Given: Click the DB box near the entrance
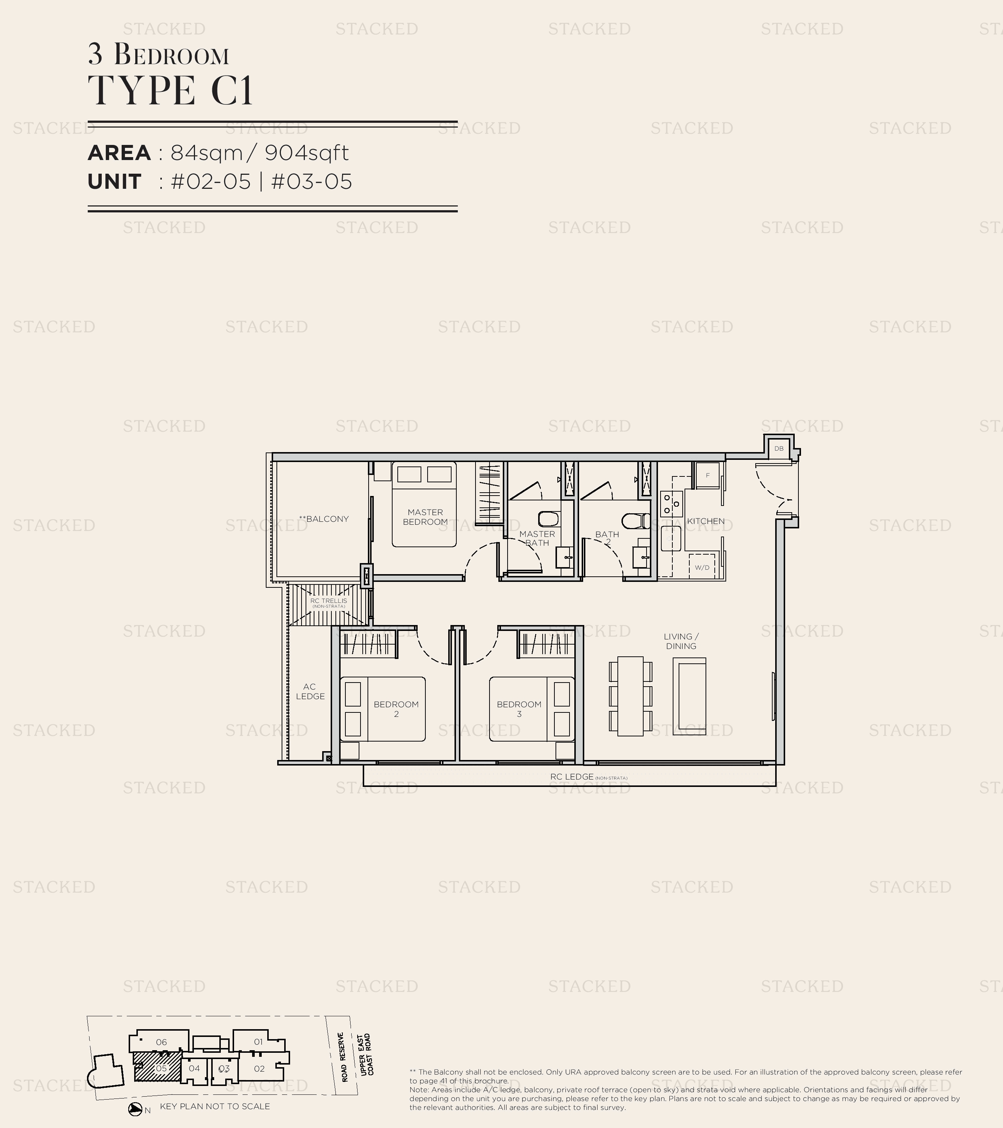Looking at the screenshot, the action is click(779, 448).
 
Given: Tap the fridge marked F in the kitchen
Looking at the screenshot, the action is click(707, 475).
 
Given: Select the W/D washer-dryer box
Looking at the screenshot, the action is click(702, 567).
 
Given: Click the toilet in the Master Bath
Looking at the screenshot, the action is click(548, 519).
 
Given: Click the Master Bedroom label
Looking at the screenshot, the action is click(425, 517).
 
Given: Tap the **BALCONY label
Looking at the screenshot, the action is click(324, 519).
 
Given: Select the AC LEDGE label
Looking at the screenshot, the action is click(310, 691).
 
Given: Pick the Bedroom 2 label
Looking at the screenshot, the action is click(396, 709).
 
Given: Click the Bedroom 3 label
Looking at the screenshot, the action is click(519, 709).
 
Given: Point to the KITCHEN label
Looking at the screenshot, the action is click(706, 521).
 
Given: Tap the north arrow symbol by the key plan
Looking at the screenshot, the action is click(135, 1109).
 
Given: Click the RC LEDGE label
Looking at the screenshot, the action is click(572, 777).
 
